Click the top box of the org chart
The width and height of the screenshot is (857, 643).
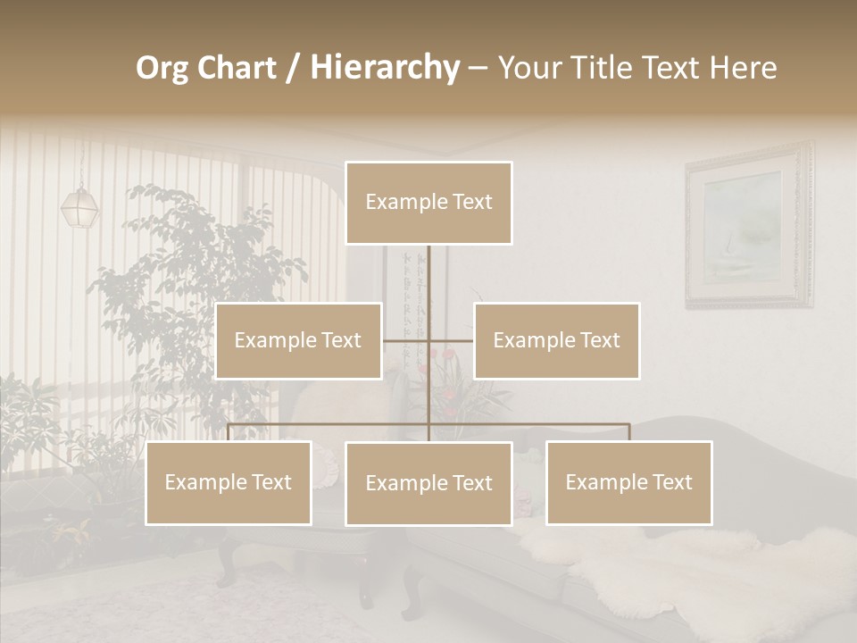(x=428, y=203)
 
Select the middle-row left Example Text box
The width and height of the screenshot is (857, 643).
(x=298, y=340)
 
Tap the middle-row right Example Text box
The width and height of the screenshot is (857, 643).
(x=556, y=340)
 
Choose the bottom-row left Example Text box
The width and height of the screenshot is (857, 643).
(x=229, y=482)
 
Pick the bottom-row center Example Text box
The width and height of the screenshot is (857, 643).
(x=428, y=483)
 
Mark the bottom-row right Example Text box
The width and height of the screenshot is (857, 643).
(x=628, y=482)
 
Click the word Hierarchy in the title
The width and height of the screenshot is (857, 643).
(x=385, y=68)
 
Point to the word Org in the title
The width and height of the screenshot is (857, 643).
(x=162, y=68)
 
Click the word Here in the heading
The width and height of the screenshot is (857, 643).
(x=743, y=68)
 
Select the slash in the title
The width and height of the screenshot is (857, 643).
(x=292, y=69)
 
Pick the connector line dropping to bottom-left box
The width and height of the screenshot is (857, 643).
(x=229, y=432)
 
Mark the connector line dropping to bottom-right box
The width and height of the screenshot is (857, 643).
(x=628, y=432)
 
